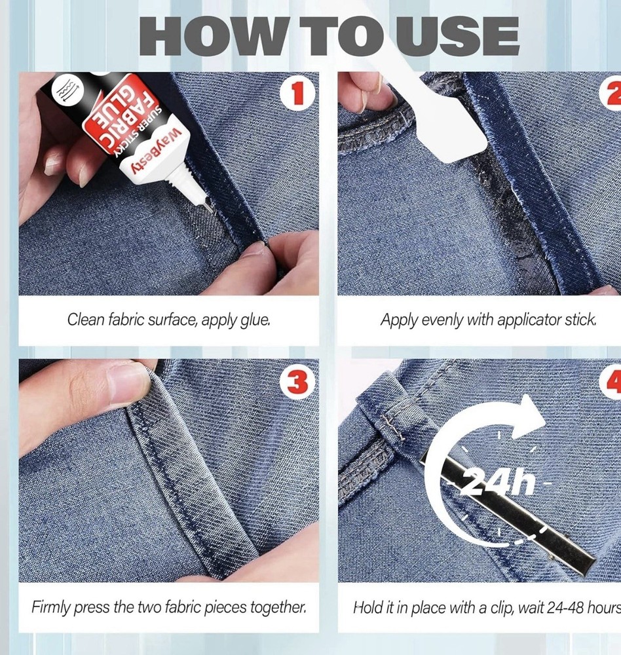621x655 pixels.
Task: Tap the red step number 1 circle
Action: click(297, 93)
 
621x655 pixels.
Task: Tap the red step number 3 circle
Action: click(297, 382)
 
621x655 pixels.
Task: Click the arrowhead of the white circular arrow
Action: click(528, 416)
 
